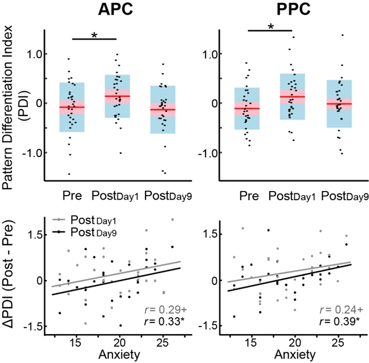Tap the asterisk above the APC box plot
94,36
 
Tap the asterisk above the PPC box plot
270,28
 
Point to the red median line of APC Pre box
72,107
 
